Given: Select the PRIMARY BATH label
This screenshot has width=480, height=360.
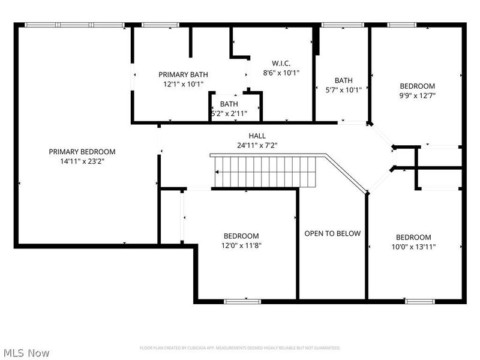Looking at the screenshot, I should tap(183, 74).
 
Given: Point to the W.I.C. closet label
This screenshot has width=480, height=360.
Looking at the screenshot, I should tap(281, 63).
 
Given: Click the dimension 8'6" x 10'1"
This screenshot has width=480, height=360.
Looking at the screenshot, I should tap(281, 73).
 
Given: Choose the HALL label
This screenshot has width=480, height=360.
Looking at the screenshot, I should tap(257, 136).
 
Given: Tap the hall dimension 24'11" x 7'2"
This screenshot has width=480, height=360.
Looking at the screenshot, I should tap(257, 145).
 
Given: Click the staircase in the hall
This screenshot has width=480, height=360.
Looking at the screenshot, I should tap(264, 171).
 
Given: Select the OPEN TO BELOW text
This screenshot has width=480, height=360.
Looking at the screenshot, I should tap(332, 233).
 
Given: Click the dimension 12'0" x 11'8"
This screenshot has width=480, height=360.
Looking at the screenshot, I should tap(241, 245).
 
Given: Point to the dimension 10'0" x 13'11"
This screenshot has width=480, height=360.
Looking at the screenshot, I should tap(413, 246).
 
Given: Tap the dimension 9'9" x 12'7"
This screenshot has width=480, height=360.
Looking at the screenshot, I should tap(417, 95).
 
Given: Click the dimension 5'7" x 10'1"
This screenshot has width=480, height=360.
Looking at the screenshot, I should tap(343, 90).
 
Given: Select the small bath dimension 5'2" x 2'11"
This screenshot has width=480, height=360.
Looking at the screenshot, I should tap(229, 113).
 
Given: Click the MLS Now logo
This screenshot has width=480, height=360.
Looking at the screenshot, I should tap(27, 353).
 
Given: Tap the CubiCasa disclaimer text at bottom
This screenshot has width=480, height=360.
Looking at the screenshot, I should tap(240, 348).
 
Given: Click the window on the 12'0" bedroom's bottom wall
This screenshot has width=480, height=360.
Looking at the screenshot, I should tap(244, 300).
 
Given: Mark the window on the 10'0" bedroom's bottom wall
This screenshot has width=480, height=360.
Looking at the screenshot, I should tap(419, 300).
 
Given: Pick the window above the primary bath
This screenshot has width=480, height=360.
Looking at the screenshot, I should tap(160, 25).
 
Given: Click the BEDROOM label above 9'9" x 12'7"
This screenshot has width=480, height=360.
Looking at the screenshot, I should tap(417, 86).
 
